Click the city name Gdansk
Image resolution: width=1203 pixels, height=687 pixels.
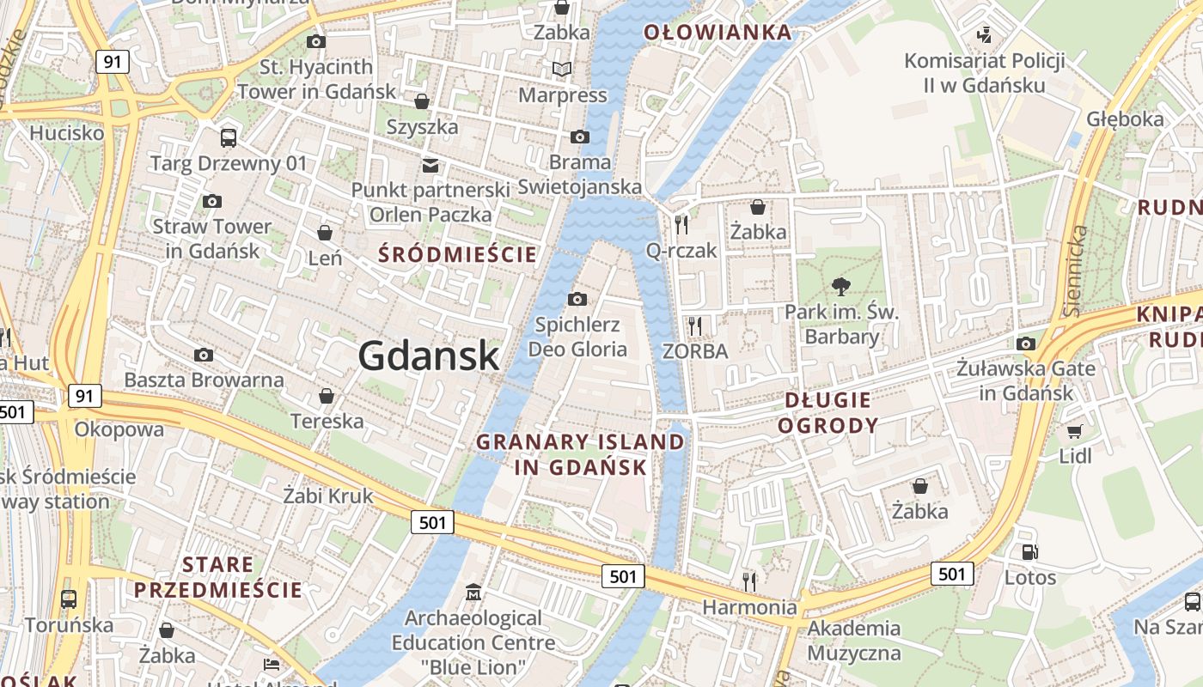[428, 356]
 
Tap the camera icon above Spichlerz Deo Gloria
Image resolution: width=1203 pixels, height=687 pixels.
[577, 299]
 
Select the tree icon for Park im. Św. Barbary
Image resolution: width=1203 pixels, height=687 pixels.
[840, 286]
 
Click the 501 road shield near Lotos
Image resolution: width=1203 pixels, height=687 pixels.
[952, 573]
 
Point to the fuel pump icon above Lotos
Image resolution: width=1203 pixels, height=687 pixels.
[1029, 551]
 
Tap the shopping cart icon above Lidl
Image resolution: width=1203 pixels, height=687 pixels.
[1074, 431]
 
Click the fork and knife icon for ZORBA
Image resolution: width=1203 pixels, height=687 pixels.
[695, 325]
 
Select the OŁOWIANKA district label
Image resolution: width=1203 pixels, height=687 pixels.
[718, 33]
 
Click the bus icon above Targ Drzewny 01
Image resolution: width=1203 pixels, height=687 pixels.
[229, 137]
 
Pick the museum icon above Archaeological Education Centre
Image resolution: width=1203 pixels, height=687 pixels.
[473, 593]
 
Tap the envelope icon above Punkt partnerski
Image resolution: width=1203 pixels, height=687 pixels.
[430, 165]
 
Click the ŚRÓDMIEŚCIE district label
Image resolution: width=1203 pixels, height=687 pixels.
[458, 254]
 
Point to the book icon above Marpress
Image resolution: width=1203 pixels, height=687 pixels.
[562, 70]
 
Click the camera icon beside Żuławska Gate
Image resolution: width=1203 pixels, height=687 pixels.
[1025, 343]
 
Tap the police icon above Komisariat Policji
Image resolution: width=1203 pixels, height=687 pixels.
[985, 35]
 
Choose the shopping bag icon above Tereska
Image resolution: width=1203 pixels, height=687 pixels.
[327, 396]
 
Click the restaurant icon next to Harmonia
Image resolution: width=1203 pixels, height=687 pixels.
[749, 581]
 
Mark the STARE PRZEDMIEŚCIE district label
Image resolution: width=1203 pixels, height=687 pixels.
[218, 577]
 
